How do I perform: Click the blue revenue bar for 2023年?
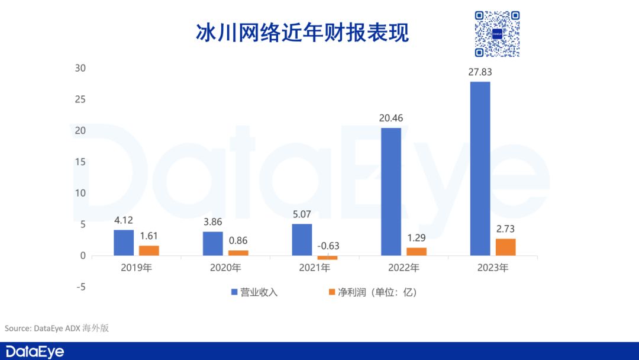click(x=480, y=169)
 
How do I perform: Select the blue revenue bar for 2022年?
click(x=390, y=192)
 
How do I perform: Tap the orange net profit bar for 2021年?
click(x=327, y=258)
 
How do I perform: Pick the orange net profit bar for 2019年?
click(x=149, y=250)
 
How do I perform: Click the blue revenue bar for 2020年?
click(x=213, y=243)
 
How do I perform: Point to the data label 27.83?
click(x=480, y=72)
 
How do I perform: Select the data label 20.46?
click(x=390, y=118)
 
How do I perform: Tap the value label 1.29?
click(x=417, y=239)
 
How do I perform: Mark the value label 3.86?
click(x=213, y=222)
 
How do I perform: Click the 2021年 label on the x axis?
click(x=315, y=268)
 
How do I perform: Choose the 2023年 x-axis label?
click(x=493, y=268)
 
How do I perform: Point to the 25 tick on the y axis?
click(x=80, y=99)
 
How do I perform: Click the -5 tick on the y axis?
click(x=80, y=287)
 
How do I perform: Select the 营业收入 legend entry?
click(x=254, y=292)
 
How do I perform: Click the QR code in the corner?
click(x=497, y=34)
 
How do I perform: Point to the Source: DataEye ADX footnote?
click(x=57, y=328)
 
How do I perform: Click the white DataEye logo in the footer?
click(x=35, y=351)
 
